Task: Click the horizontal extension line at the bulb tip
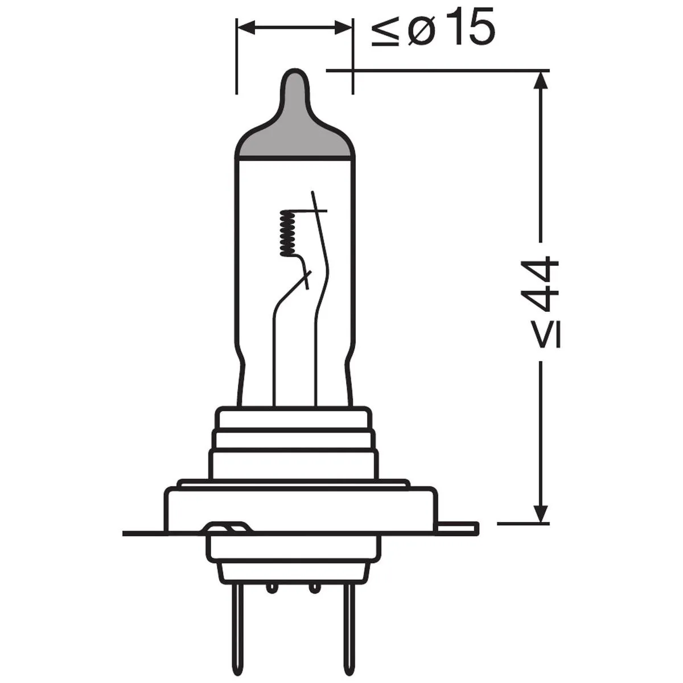coord(438,71)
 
